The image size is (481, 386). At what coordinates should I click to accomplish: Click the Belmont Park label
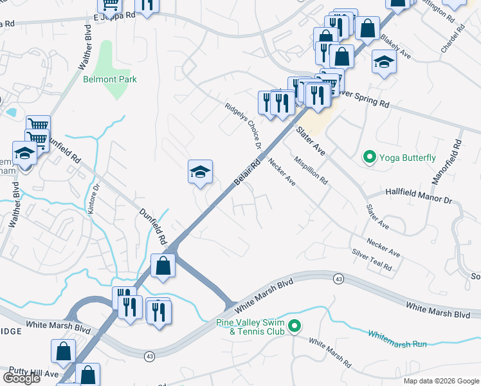point(110,79)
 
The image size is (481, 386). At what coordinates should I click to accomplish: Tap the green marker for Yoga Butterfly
point(370,157)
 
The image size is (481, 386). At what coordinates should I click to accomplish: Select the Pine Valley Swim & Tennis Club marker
point(295,326)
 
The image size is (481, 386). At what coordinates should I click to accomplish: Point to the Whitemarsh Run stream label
point(397,338)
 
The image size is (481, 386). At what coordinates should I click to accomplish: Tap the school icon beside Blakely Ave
point(384,63)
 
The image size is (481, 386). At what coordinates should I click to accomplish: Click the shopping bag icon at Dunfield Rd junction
point(163,264)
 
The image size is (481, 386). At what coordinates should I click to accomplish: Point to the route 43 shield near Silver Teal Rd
point(338,279)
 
